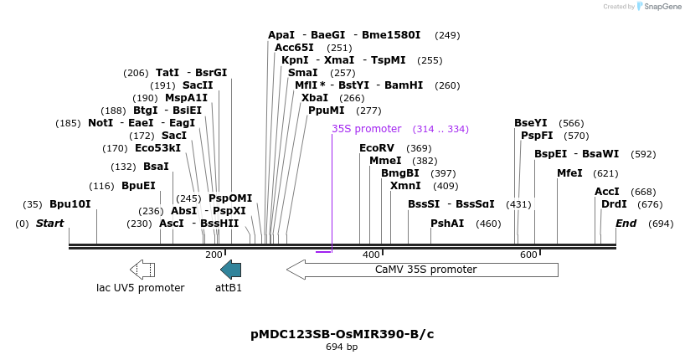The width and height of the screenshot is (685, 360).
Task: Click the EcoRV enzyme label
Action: (x=376, y=148)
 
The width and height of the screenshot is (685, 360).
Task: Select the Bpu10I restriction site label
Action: (x=70, y=204)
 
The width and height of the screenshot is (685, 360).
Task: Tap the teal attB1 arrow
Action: (x=230, y=269)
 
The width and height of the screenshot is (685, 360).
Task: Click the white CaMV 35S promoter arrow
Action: (x=422, y=270)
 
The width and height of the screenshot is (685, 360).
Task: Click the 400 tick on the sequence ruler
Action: (x=371, y=255)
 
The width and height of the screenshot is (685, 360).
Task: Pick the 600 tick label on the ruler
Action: (x=528, y=255)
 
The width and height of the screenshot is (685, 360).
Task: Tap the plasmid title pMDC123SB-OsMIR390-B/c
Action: (x=342, y=334)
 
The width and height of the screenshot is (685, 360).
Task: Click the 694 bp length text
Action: (x=342, y=347)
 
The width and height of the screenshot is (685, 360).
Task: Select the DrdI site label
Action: (x=614, y=204)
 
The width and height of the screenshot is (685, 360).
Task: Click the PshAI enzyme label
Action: (x=447, y=224)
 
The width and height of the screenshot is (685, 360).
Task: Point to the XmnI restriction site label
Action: (x=405, y=186)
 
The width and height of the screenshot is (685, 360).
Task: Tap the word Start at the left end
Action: (x=49, y=224)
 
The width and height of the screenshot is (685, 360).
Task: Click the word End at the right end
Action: (x=626, y=224)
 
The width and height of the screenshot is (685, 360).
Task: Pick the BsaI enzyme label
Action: (x=156, y=167)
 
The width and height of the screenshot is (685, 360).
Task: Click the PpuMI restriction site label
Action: (x=326, y=111)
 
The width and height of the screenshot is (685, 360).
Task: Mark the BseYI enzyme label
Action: (x=531, y=123)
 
